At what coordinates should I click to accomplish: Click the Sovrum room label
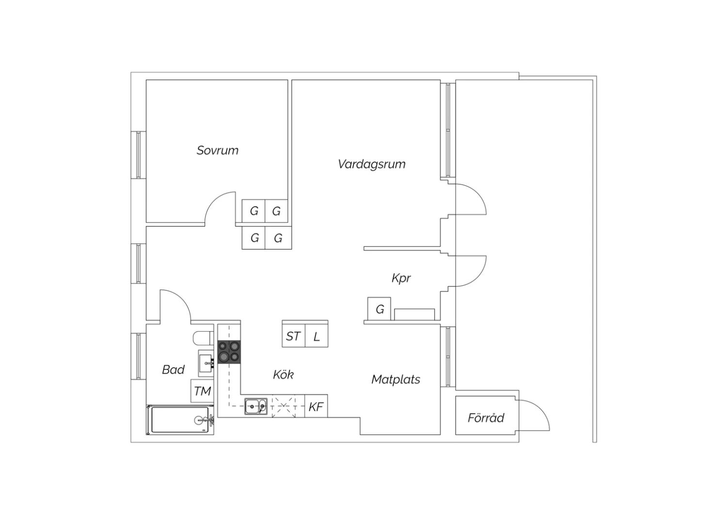[218, 150]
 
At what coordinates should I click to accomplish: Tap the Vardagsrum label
[372, 164]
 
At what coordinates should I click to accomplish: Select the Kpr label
[401, 278]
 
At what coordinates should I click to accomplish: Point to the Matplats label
[395, 379]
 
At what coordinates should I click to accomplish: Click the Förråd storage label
[486, 418]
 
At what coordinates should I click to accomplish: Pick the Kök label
[284, 375]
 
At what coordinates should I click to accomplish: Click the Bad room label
[174, 369]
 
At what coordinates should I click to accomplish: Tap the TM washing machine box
[202, 391]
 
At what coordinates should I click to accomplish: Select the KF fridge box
[316, 406]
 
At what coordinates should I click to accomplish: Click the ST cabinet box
[293, 336]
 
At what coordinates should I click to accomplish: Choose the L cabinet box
[316, 336]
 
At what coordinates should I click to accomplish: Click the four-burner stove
[229, 352]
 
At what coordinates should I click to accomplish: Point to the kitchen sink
[256, 406]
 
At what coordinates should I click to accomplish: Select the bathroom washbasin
[206, 363]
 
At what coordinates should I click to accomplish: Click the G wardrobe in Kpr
[379, 309]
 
